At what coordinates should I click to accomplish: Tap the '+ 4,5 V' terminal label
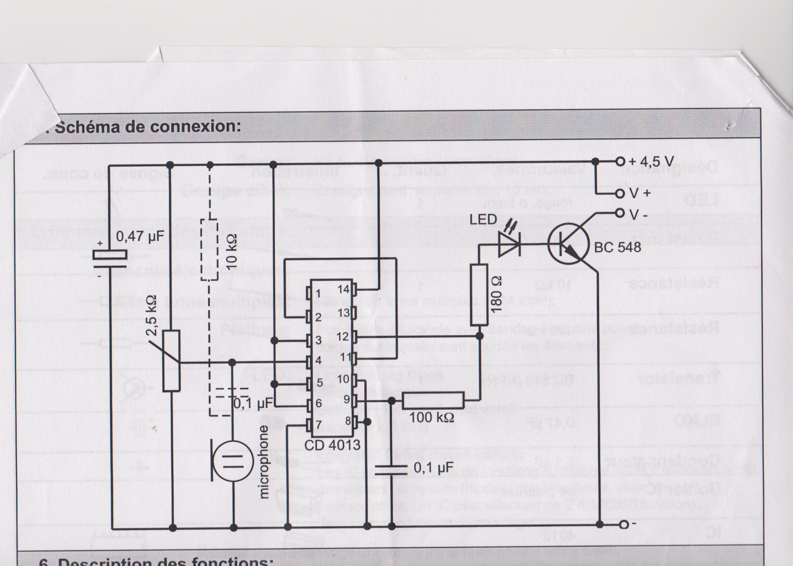point(650,162)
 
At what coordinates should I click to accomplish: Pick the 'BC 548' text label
point(617,247)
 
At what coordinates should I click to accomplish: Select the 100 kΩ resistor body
point(433,400)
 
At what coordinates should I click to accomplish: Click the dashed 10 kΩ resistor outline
point(210,250)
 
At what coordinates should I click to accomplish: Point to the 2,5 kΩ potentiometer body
point(172,361)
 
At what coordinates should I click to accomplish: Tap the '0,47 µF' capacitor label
point(140,237)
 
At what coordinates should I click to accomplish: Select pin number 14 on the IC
point(343,289)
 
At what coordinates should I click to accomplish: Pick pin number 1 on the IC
point(318,294)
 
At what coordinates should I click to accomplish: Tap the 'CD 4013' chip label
point(332,445)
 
